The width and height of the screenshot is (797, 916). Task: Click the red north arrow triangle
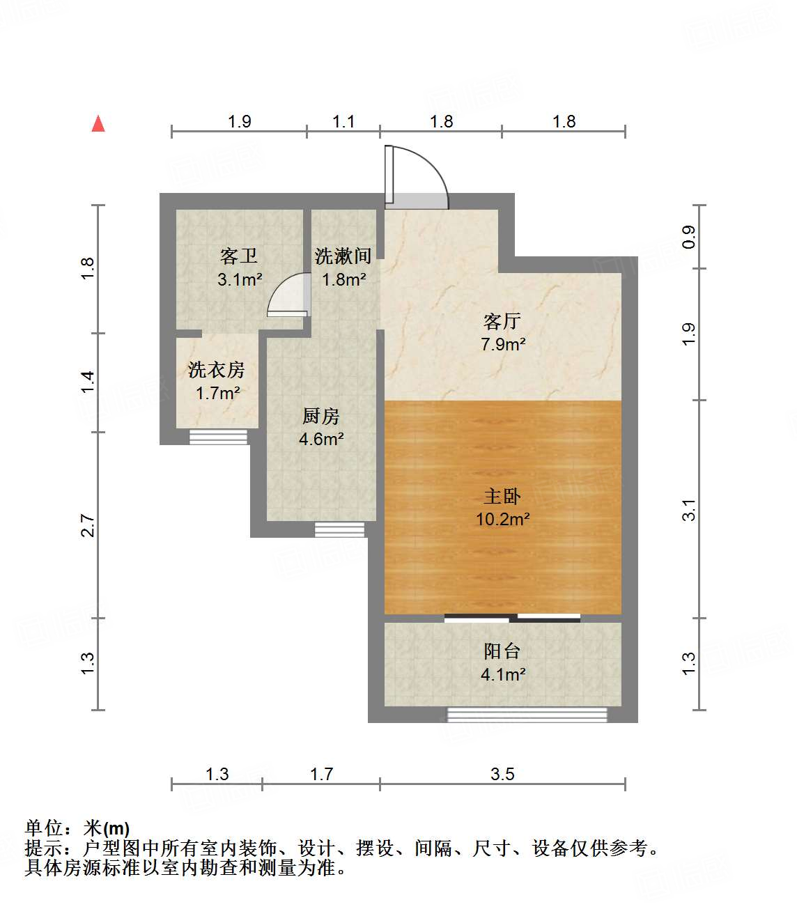[x=98, y=124]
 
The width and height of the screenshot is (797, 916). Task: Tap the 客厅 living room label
[x=502, y=321]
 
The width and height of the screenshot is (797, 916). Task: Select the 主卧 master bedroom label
[x=502, y=496]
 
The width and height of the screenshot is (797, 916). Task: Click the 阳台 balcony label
[x=502, y=651]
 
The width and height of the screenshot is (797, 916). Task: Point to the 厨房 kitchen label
[x=321, y=417]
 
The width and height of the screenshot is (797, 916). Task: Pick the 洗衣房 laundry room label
[x=217, y=370]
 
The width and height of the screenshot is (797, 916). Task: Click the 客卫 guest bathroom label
[x=239, y=256]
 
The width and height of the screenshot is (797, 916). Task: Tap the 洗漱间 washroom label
[x=343, y=256]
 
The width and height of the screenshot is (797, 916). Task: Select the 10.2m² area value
[x=502, y=519]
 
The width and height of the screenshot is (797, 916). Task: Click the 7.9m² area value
[x=502, y=344]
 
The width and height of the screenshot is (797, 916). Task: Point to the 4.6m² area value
[x=321, y=439]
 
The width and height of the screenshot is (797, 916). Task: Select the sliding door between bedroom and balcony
[x=512, y=618]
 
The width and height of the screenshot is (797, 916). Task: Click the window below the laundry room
[x=219, y=437]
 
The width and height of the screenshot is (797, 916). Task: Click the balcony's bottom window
[x=527, y=715]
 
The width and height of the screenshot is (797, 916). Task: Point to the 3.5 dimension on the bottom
[x=502, y=774]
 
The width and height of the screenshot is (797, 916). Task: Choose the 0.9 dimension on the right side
[x=688, y=237]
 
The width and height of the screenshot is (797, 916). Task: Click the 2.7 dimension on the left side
[x=87, y=525]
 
